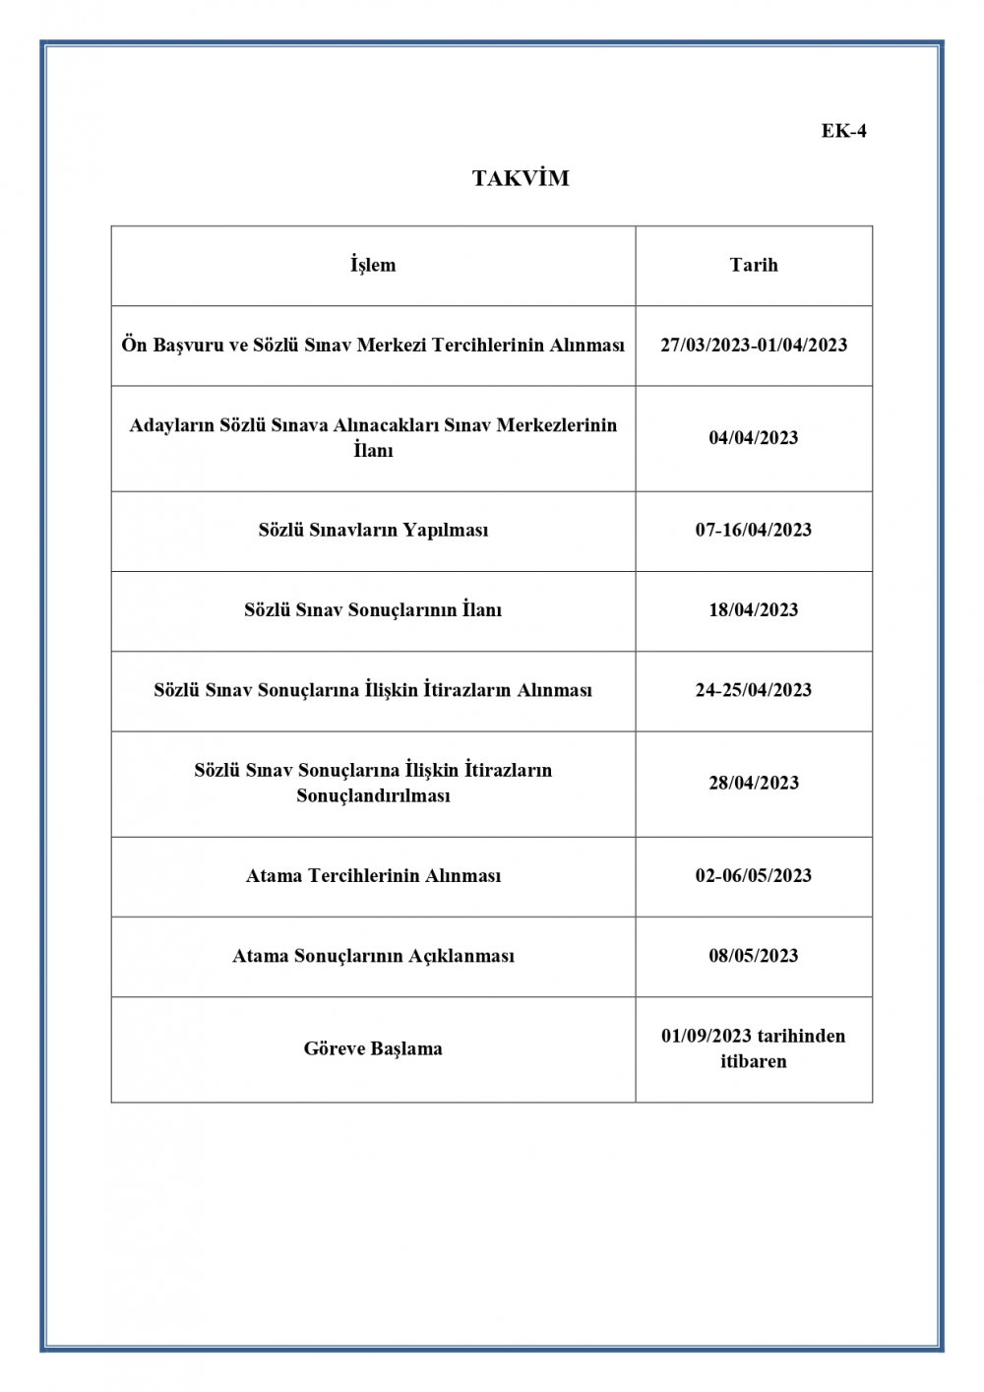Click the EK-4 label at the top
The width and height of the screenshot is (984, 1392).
pyautogui.click(x=843, y=131)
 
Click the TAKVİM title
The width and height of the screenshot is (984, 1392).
pyautogui.click(x=521, y=179)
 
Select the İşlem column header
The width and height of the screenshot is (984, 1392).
pyautogui.click(x=373, y=265)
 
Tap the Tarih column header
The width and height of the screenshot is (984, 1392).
pyautogui.click(x=754, y=265)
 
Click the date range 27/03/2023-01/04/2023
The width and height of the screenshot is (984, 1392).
pyautogui.click(x=754, y=346)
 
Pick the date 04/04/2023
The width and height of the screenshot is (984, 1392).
pyautogui.click(x=754, y=438)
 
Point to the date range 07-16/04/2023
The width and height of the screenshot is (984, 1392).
pyautogui.click(x=754, y=530)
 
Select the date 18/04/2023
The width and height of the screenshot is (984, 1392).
pyautogui.click(x=754, y=610)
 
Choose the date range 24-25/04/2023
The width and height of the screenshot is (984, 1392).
pyautogui.click(x=754, y=690)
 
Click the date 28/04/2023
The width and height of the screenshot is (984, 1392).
pyautogui.click(x=754, y=784)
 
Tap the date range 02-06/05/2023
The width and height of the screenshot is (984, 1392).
pyautogui.click(x=754, y=875)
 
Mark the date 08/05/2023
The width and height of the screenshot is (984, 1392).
pyautogui.click(x=754, y=956)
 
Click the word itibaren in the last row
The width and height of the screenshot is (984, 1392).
pyautogui.click(x=754, y=1062)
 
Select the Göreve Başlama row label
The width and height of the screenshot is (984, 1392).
pyautogui.click(x=373, y=1048)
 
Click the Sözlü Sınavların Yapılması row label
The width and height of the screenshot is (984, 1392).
pyautogui.click(x=373, y=530)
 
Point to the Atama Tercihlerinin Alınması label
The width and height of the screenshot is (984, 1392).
pyautogui.click(x=373, y=875)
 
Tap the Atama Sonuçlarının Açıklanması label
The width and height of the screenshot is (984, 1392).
pyautogui.click(x=373, y=956)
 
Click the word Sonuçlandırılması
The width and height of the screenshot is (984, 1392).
pyautogui.click(x=373, y=795)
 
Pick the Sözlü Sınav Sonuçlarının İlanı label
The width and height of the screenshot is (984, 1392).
pyautogui.click(x=373, y=610)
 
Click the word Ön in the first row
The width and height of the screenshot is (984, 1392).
pyautogui.click(x=133, y=346)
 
